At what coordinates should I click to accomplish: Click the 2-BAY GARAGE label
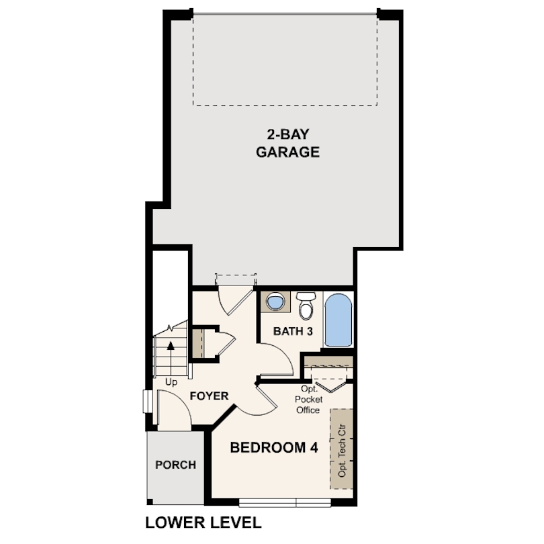coord(287,143)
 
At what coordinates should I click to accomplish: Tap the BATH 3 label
coord(293,331)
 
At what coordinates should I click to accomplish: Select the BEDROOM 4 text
coord(274,447)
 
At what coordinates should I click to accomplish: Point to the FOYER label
coord(209,396)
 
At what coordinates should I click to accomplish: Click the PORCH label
coord(175,465)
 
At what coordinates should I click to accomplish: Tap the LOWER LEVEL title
coord(203,523)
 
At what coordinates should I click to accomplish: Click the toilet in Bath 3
coord(306,306)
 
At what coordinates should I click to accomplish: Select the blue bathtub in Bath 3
coord(338,320)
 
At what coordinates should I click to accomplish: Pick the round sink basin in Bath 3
coord(276,301)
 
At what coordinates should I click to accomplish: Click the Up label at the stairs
coord(171,382)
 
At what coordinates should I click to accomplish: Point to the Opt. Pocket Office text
coord(308,400)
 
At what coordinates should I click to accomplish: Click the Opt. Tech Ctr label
coord(342,451)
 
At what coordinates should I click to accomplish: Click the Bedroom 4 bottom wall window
coord(285,503)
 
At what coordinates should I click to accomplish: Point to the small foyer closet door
coord(226,343)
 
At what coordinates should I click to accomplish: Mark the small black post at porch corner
coord(150,502)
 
